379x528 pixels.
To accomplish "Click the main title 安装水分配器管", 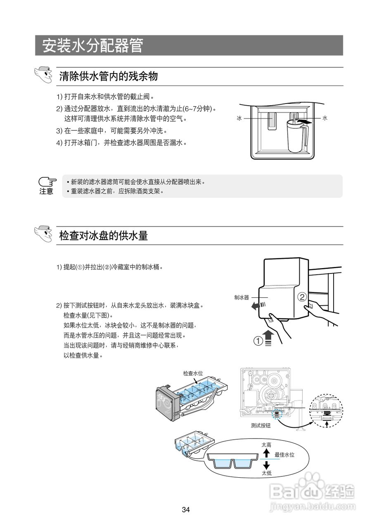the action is coord(93,46).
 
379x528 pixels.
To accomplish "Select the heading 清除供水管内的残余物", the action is coord(109,76).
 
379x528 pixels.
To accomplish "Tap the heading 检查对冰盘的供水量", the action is coord(104,236).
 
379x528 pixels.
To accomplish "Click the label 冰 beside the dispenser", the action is coord(239,118).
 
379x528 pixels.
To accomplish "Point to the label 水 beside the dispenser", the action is coord(325,118).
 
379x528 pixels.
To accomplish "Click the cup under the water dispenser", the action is coord(296,136).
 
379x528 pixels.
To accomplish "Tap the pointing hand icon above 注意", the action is coord(47,182).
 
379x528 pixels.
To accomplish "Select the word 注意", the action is coord(46,191).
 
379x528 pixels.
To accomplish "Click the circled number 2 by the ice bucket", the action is coord(302,297).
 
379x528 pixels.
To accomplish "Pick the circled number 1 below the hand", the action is coord(258,341).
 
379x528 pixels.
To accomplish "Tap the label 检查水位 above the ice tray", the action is coord(193,373).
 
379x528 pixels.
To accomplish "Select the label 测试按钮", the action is coord(261,425).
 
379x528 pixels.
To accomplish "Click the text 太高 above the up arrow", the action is coord(266,445).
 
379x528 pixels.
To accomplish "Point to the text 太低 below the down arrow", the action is coord(266,473).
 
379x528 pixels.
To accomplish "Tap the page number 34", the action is coord(186,510).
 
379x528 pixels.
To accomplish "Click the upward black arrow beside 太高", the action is coord(266,453).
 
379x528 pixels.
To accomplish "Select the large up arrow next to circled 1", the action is coord(268,335).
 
